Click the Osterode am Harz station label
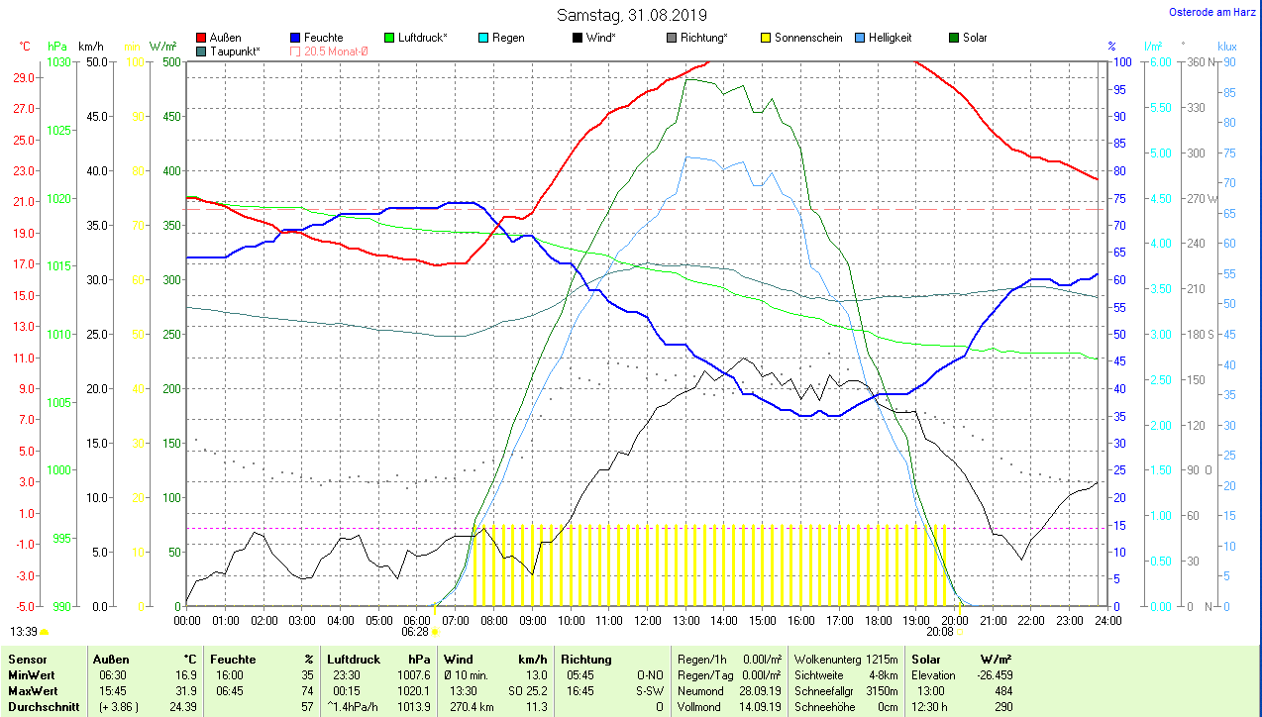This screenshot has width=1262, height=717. pyautogui.click(x=1211, y=13)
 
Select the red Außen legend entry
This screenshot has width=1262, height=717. pyautogui.click(x=219, y=38)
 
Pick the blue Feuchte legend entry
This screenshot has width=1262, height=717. pyautogui.click(x=316, y=38)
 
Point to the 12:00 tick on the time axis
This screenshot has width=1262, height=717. pyautogui.click(x=647, y=621)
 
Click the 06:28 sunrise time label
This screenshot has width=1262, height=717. pyautogui.click(x=415, y=631)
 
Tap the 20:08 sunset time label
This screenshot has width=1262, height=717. pyautogui.click(x=939, y=631)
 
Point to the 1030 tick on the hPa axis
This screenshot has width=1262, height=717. pyautogui.click(x=58, y=61)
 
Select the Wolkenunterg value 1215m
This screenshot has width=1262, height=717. pyautogui.click(x=882, y=659)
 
